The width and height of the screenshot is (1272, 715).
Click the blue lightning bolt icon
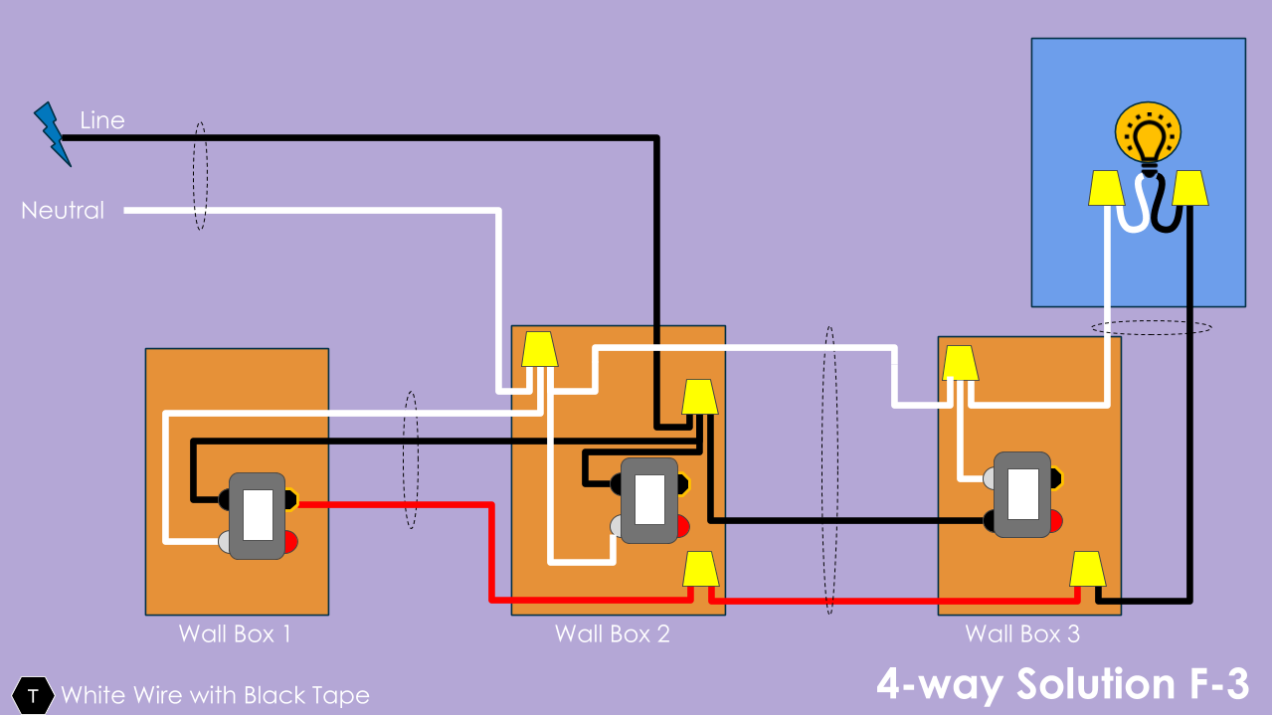pyautogui.click(x=53, y=134)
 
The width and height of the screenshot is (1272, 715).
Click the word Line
pyautogui.click(x=102, y=120)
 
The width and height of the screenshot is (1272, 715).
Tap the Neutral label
pyautogui.click(x=63, y=211)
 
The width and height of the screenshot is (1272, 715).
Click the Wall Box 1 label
pyautogui.click(x=235, y=633)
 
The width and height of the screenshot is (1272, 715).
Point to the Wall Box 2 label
pyautogui.click(x=613, y=633)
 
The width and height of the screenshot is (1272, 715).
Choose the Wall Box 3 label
pyautogui.click(x=1022, y=633)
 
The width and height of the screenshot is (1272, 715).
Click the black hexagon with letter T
pyautogui.click(x=33, y=695)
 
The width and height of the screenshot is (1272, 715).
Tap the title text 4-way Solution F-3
pyautogui.click(x=1062, y=685)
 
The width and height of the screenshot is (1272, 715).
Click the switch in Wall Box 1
pyautogui.click(x=258, y=516)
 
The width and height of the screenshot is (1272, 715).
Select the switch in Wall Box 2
pyautogui.click(x=649, y=500)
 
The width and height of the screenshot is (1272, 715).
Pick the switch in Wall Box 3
pyautogui.click(x=1022, y=494)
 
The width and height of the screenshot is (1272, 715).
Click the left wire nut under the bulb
pyautogui.click(x=1106, y=188)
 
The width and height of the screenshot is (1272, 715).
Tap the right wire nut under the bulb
pyautogui.click(x=1190, y=188)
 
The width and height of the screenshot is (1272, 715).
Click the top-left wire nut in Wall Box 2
pyautogui.click(x=539, y=349)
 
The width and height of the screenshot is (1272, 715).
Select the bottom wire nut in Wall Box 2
pyautogui.click(x=701, y=569)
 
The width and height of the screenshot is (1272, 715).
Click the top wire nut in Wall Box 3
pyautogui.click(x=961, y=363)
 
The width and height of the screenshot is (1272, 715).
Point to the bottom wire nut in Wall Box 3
pyautogui.click(x=1087, y=569)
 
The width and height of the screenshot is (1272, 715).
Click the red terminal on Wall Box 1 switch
pyautogui.click(x=290, y=542)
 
